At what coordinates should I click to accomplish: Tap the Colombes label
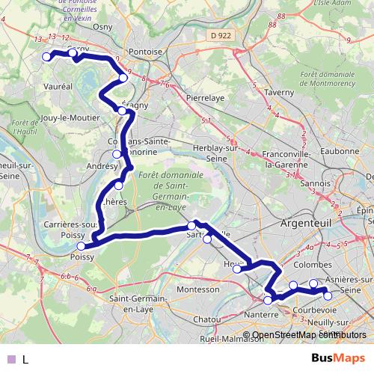313,265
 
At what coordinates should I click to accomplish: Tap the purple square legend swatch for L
10,359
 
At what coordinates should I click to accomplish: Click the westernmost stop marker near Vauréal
46,57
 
